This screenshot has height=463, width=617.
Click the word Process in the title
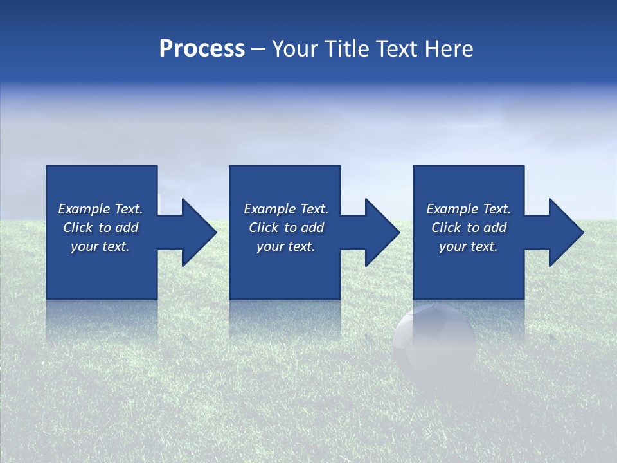pyautogui.click(x=202, y=49)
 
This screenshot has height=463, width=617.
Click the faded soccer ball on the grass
pyautogui.click(x=434, y=341)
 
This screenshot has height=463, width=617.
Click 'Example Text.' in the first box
pyautogui.click(x=100, y=209)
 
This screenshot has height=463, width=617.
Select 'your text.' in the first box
pyautogui.click(x=100, y=246)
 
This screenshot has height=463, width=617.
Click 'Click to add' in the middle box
pyautogui.click(x=286, y=228)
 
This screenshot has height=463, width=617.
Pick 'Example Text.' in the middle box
pyautogui.click(x=286, y=209)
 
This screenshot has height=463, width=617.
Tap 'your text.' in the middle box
pyautogui.click(x=286, y=246)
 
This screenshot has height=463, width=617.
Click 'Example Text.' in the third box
pyautogui.click(x=469, y=209)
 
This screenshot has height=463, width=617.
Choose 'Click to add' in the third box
pyautogui.click(x=469, y=228)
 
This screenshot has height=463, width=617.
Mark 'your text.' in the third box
pyautogui.click(x=469, y=246)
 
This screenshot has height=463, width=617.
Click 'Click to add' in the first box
pyautogui.click(x=100, y=228)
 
